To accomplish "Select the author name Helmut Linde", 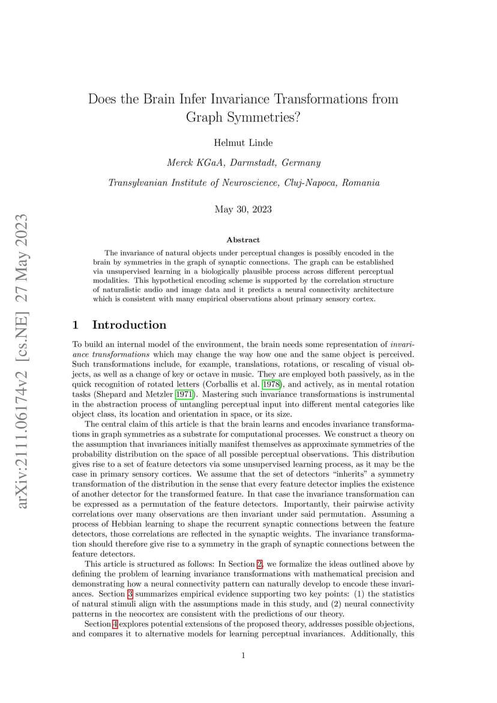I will pyautogui.click(x=243, y=142).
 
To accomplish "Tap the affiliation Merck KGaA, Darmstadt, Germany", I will pyautogui.click(x=243, y=162).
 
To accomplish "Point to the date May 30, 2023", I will pyautogui.click(x=243, y=209).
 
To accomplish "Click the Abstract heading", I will pyautogui.click(x=243, y=240).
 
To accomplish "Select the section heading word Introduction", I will pyautogui.click(x=129, y=325).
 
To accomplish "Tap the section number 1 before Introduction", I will pyautogui.click(x=76, y=325).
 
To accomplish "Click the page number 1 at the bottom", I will pyautogui.click(x=243, y=656).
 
